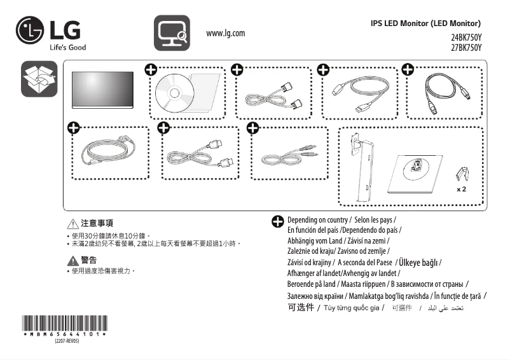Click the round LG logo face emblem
point(30,30)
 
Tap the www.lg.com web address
point(226,33)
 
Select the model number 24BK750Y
point(466,38)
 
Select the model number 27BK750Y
point(466,47)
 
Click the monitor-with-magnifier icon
point(172,32)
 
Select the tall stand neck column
point(362,167)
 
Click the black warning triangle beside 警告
point(72,260)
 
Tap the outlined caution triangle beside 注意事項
point(72,224)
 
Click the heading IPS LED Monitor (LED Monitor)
point(430,24)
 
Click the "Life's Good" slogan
point(67,47)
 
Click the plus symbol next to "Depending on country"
point(278,221)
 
